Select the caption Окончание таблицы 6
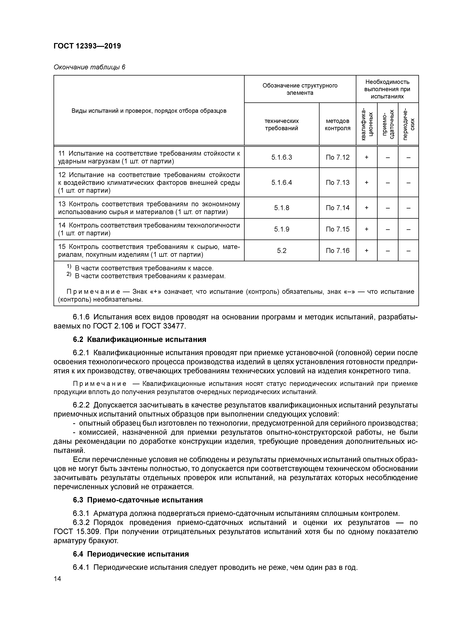89,67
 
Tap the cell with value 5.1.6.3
281,157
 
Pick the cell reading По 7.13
337,182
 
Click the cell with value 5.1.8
281,208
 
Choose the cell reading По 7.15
337,229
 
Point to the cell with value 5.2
281,251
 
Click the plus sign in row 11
366,157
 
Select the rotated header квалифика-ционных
366,124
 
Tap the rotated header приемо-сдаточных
388,124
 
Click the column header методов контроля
337,125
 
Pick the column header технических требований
281,125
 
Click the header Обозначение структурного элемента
300,89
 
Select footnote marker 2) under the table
69,275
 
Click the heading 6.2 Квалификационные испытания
140,340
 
